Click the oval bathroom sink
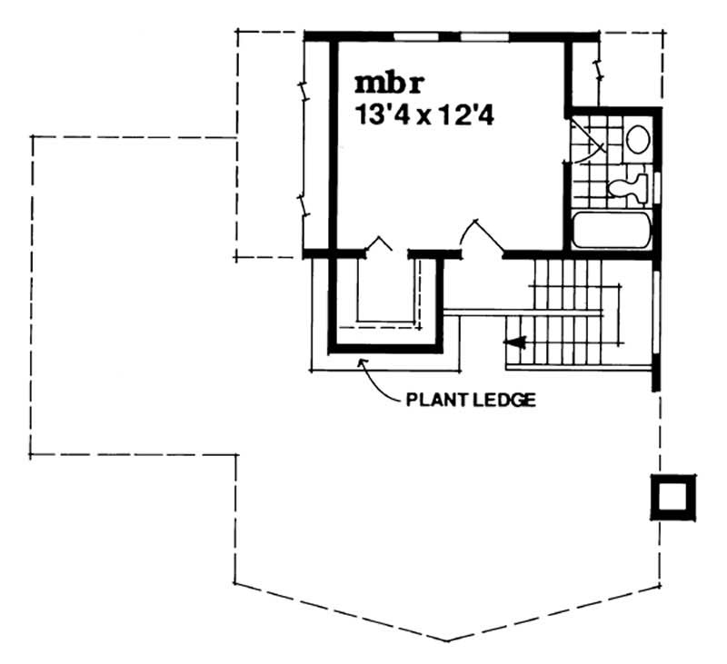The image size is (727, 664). (x=638, y=139)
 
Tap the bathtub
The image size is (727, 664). (x=612, y=231)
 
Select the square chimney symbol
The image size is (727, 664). (x=673, y=496)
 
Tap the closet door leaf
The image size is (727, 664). (x=380, y=243)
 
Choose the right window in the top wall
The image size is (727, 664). (x=487, y=36)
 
